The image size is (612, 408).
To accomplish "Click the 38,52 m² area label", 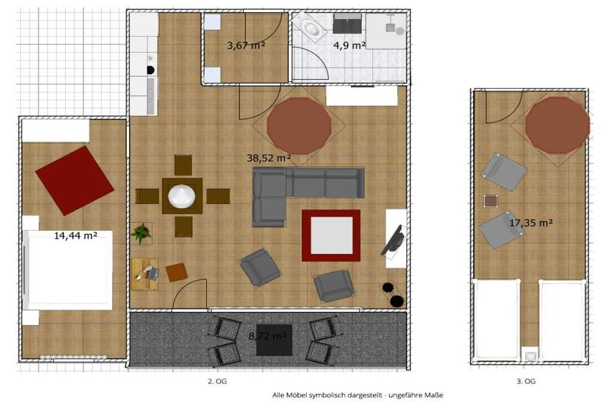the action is (269, 158).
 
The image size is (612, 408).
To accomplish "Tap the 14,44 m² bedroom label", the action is (75, 235).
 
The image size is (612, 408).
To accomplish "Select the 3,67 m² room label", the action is (246, 45).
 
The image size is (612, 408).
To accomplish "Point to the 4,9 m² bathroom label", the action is (349, 45).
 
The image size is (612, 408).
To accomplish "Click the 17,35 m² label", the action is (531, 223).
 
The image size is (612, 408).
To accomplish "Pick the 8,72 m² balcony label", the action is (268, 336).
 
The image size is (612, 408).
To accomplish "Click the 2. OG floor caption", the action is (217, 382).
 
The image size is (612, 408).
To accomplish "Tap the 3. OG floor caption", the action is (526, 382).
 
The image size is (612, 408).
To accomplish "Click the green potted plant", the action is (141, 233).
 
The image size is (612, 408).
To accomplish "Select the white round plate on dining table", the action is (182, 196).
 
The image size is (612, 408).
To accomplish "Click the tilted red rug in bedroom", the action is (75, 180).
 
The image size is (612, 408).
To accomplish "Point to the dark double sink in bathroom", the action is (347, 23).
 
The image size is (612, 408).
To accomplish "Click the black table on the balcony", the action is (274, 340).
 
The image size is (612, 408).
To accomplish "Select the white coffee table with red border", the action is (331, 235).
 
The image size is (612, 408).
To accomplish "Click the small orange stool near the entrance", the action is (177, 272).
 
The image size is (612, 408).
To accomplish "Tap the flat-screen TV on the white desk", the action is (393, 240).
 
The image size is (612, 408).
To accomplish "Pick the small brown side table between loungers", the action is (491, 201).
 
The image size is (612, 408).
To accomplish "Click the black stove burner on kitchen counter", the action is (150, 70).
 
